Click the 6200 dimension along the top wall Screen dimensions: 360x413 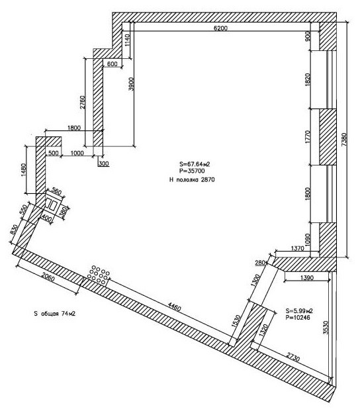[x=220, y=28]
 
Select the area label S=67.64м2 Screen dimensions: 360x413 [x=195, y=164]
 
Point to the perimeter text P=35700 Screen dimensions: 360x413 [x=192, y=171]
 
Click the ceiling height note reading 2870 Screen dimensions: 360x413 [x=207, y=179]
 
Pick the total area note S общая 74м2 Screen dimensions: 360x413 [x=55, y=314]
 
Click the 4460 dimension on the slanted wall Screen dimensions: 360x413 [x=174, y=306]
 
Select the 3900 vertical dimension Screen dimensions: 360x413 [x=132, y=84]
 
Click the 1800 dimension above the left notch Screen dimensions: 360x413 [x=74, y=128]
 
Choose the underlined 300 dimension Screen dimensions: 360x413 [x=104, y=164]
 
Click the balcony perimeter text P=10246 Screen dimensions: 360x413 [x=298, y=318]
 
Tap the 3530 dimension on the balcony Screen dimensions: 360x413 [x=326, y=328]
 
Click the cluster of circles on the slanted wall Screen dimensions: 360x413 [x=98, y=275]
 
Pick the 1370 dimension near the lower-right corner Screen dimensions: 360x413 [x=297, y=248]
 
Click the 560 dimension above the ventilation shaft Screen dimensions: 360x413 [x=57, y=191]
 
